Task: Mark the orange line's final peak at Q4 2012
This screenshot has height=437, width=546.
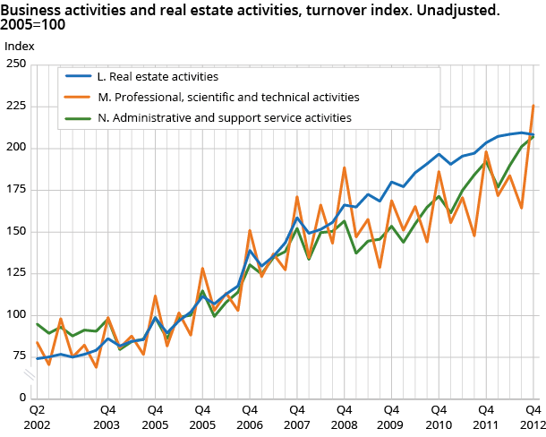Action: pyautogui.click(x=534, y=106)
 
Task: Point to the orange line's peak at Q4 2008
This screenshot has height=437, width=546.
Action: pyautogui.click(x=345, y=167)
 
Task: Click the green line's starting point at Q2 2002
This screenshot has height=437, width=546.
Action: pyautogui.click(x=38, y=324)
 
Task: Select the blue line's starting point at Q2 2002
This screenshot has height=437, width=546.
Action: pyautogui.click(x=38, y=358)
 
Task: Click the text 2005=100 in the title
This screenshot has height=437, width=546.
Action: pyautogui.click(x=33, y=25)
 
